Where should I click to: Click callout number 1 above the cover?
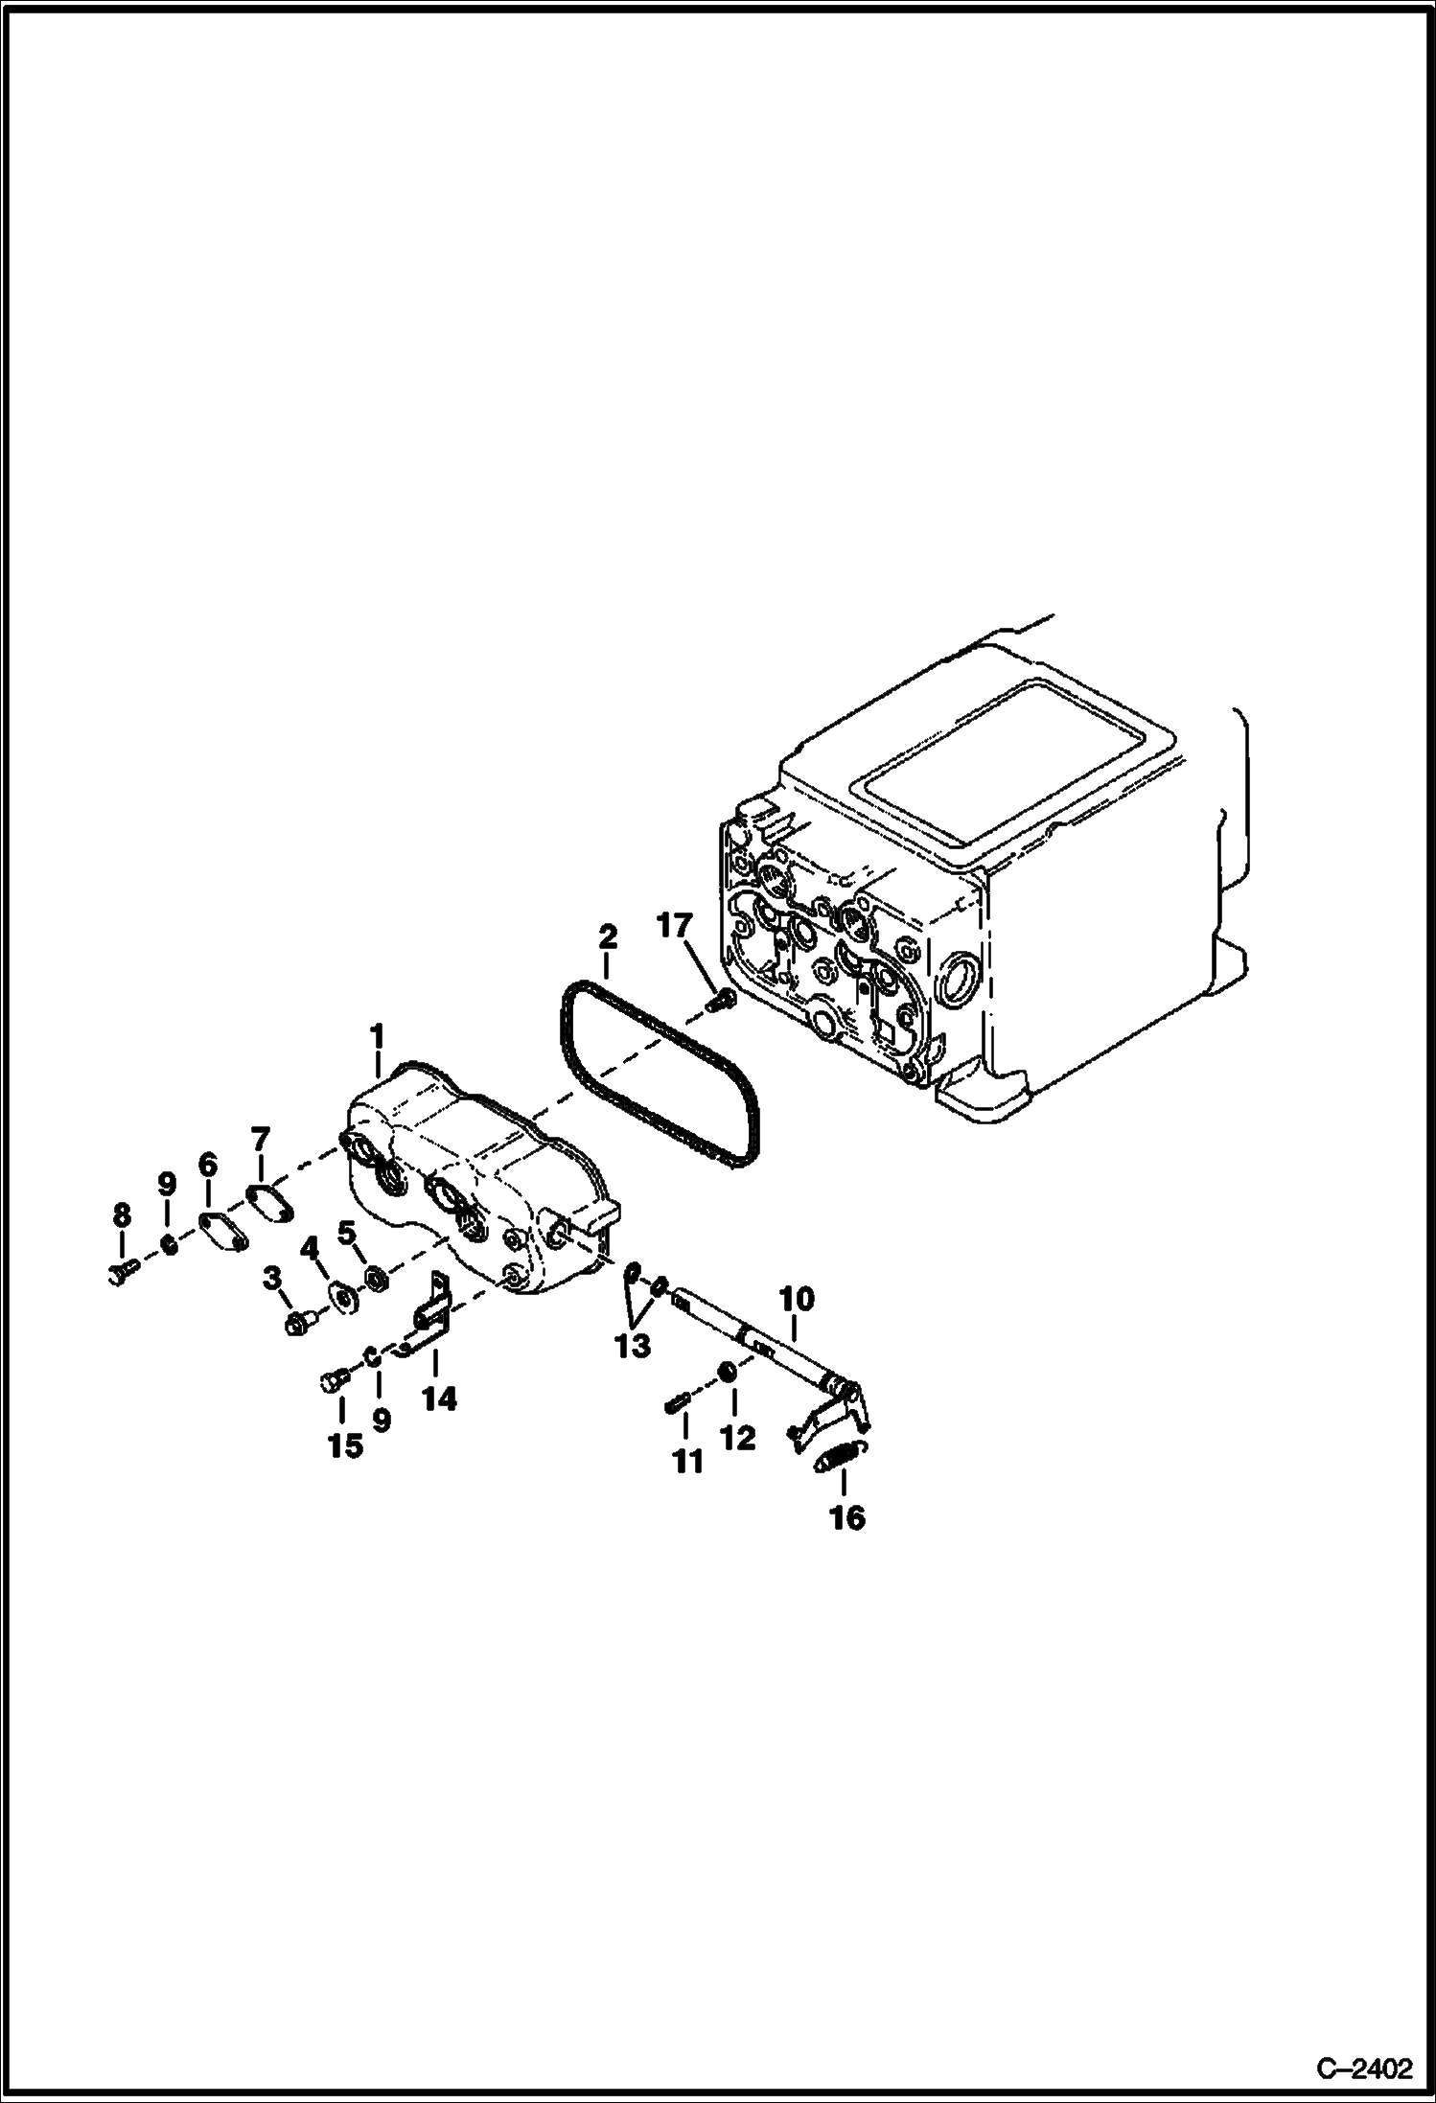point(377,1036)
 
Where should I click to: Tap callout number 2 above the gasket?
point(608,936)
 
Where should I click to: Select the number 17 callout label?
point(674,927)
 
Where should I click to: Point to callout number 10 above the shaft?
point(797,1300)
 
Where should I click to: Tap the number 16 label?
point(847,1517)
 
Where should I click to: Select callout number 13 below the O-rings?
point(633,1346)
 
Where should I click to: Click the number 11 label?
point(688,1462)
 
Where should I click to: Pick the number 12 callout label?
point(739,1438)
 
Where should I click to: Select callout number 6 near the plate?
point(208,1165)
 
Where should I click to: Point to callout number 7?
point(261,1140)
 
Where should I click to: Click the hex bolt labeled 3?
point(298,1326)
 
